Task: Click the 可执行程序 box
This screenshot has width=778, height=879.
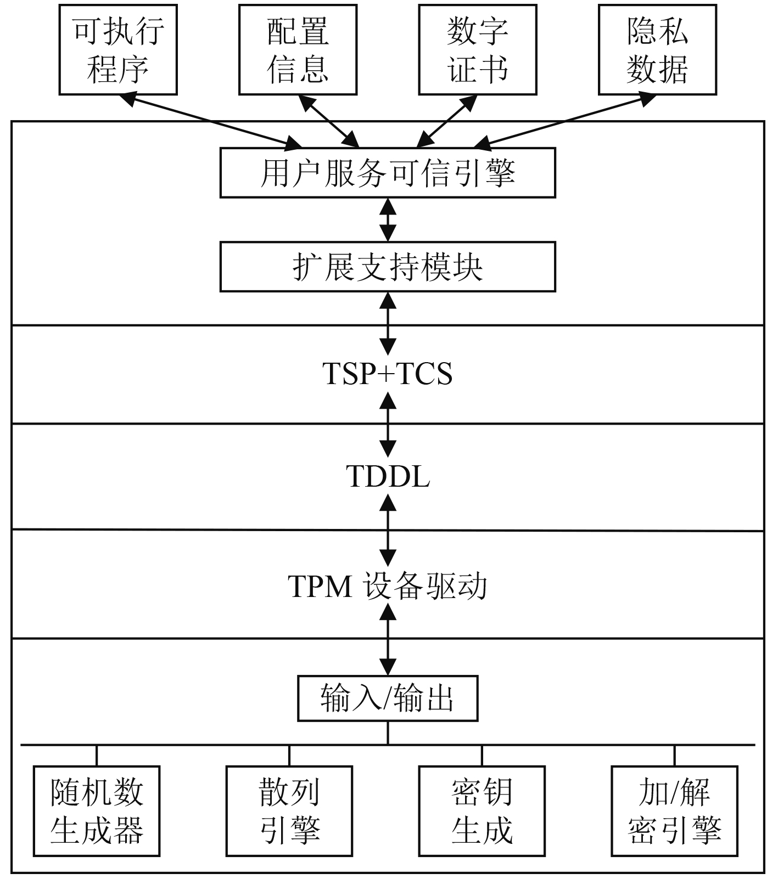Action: [118, 49]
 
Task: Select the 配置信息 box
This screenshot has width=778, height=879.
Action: [298, 49]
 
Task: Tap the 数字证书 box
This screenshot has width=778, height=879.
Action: [477, 49]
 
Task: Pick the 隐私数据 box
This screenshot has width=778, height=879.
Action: [657, 49]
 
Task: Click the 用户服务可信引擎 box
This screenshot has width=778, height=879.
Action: [388, 172]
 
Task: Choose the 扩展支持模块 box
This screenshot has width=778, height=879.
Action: [388, 267]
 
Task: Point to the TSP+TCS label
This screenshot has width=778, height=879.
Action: [388, 374]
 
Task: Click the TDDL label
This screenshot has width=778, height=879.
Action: [388, 476]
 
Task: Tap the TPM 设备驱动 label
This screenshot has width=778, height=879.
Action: [388, 586]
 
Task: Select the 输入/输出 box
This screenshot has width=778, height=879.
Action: [388, 698]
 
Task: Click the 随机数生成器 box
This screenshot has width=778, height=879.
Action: [97, 811]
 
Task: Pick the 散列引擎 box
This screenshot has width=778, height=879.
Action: [289, 811]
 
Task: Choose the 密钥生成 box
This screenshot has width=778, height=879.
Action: [482, 811]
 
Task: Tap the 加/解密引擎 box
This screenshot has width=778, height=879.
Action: [674, 811]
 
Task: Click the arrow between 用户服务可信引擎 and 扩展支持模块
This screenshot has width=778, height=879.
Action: [388, 219]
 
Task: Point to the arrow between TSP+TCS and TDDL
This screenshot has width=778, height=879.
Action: [388, 426]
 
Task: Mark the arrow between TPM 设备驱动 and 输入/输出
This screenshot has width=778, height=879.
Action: [388, 639]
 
